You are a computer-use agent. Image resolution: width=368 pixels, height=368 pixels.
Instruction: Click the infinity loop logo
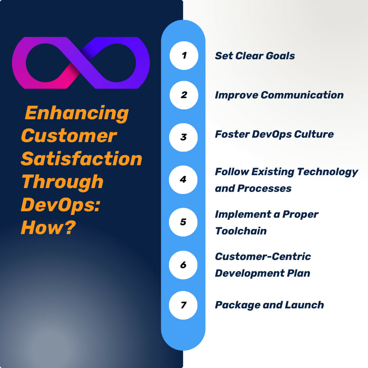(81, 63)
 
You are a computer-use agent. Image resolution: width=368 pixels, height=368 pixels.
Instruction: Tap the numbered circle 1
(184, 56)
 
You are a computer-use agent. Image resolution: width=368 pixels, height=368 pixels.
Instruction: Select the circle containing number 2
(184, 95)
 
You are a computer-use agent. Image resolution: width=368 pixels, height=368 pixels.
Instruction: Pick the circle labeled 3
(184, 137)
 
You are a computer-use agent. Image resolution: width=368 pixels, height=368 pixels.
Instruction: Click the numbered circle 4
(183, 180)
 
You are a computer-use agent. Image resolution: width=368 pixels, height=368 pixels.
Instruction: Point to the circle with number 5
(183, 222)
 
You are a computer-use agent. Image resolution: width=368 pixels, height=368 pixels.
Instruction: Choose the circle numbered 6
(183, 265)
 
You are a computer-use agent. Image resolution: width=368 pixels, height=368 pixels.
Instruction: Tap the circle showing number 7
(183, 305)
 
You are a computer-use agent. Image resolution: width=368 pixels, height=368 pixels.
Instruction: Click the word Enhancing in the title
(77, 113)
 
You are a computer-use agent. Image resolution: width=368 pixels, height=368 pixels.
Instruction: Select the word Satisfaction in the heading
(81, 159)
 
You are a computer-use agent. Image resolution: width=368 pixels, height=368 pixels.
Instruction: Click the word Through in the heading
(62, 182)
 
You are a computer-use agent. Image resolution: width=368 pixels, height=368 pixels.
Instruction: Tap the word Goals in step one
(281, 56)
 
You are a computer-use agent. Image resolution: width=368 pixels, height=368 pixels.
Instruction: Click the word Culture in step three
(313, 134)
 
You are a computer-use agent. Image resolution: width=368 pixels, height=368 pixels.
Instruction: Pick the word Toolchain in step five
(241, 231)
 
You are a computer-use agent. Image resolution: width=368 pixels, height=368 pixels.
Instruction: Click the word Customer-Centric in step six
(263, 257)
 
